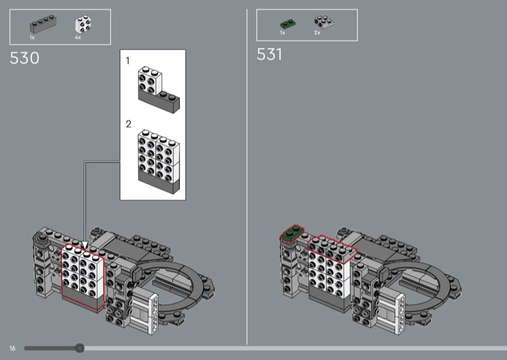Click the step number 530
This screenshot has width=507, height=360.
(24, 58)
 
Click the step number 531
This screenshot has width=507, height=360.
(269, 55)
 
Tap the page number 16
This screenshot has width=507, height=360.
(12, 348)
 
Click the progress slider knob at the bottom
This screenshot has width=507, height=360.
(80, 348)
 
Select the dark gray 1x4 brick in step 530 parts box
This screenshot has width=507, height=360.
(43, 24)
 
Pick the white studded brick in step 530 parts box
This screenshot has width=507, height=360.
(83, 24)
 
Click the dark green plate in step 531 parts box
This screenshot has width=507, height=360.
(288, 24)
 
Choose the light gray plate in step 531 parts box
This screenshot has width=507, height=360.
(324, 23)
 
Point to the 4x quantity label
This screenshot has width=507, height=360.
(78, 37)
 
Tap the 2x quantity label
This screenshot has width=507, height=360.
(317, 33)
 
